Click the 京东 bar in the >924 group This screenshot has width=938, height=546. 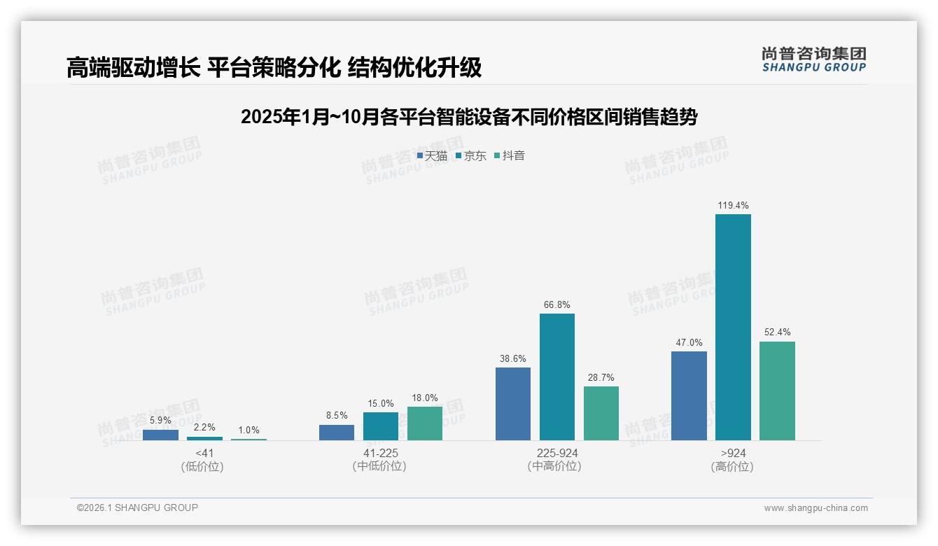[733, 327]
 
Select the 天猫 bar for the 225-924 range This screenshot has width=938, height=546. [513, 404]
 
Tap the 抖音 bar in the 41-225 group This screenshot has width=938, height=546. [425, 423]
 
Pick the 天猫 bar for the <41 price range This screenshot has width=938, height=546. [160, 435]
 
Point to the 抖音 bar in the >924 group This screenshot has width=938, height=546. [777, 391]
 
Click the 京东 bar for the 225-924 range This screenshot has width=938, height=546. [556, 377]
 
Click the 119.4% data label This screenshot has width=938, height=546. [733, 206]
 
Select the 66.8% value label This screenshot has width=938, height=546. [556, 305]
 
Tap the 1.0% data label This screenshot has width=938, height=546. [248, 430]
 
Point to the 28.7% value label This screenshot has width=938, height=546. [601, 378]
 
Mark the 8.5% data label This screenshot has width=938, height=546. [337, 416]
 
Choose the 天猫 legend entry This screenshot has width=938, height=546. [432, 156]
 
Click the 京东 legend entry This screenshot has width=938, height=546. [471, 156]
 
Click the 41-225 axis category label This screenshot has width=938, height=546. [380, 454]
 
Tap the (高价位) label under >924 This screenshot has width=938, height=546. [732, 467]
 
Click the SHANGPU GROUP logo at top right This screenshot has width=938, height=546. [813, 59]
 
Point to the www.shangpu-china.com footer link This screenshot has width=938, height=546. [815, 508]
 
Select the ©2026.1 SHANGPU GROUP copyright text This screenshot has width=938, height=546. [137, 507]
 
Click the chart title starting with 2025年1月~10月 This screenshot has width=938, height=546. [468, 117]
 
